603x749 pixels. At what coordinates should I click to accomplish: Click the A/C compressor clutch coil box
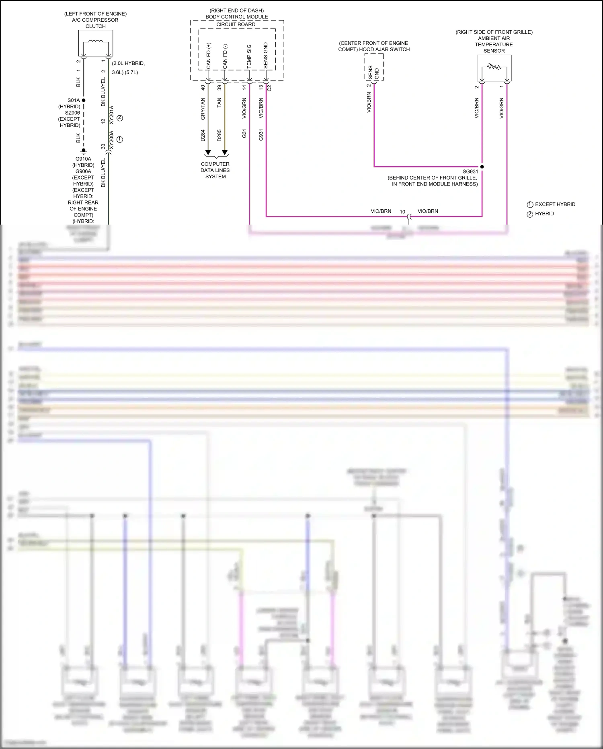tap(95, 43)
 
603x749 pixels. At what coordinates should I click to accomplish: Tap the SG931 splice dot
tap(482, 167)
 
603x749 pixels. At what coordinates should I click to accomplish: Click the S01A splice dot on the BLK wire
tap(84, 100)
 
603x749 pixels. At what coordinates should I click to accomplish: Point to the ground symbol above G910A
tap(84, 152)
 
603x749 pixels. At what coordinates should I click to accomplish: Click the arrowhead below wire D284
tap(208, 153)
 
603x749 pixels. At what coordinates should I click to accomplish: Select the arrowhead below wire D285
tap(225, 153)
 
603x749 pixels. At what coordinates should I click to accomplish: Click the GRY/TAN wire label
tap(203, 109)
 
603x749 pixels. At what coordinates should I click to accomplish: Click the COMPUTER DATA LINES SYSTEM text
tap(215, 170)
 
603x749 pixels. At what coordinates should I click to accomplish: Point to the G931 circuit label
tap(261, 135)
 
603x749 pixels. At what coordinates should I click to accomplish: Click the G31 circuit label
tap(244, 134)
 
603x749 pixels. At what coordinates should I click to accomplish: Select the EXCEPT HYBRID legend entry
tap(555, 204)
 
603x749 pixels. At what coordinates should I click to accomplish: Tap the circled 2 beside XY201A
tap(119, 118)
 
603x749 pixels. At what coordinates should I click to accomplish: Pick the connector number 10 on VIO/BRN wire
tap(402, 212)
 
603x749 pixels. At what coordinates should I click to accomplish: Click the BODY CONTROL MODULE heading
tap(237, 17)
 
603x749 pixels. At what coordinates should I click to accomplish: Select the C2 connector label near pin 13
tap(270, 87)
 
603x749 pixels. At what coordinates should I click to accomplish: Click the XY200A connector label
tap(112, 140)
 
